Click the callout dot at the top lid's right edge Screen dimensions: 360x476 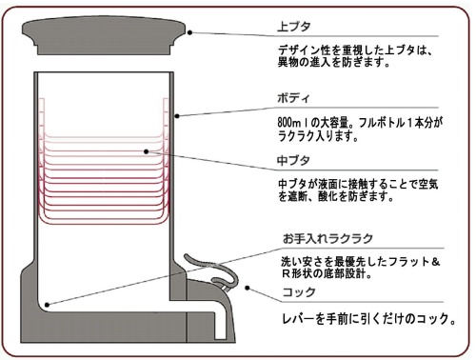click(190, 32)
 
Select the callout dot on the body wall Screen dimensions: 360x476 click(178, 114)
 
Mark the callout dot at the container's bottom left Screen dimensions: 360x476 click(46, 304)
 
